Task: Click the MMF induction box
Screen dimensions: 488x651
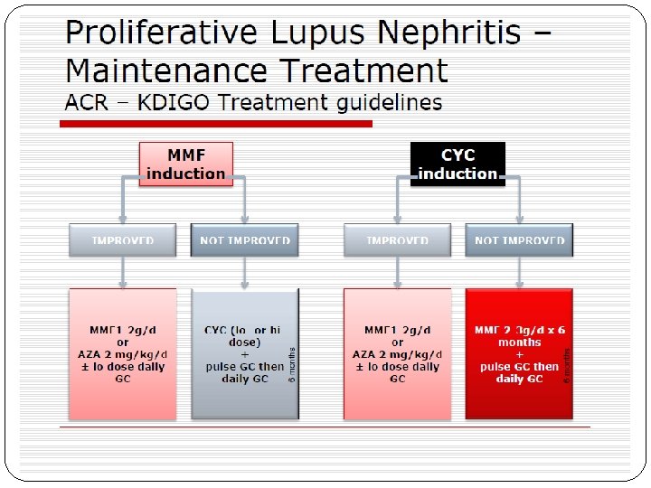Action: tap(185, 164)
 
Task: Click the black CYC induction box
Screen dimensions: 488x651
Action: tap(458, 164)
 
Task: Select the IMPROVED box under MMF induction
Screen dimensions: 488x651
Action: tap(123, 240)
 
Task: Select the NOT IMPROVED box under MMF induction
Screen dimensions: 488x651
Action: tap(245, 240)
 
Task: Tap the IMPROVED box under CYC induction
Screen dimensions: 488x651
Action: tap(397, 240)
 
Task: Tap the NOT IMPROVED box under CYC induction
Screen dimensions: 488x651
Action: tap(519, 240)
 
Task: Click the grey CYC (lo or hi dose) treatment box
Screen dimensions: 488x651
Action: tap(244, 354)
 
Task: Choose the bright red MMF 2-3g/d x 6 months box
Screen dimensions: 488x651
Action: tap(518, 354)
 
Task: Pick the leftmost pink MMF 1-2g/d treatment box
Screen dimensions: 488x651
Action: tap(123, 354)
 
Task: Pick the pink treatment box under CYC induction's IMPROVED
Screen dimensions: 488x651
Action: tap(397, 354)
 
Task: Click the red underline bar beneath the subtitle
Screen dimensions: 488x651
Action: tap(217, 124)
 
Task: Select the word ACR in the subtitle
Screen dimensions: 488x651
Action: tap(88, 102)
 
